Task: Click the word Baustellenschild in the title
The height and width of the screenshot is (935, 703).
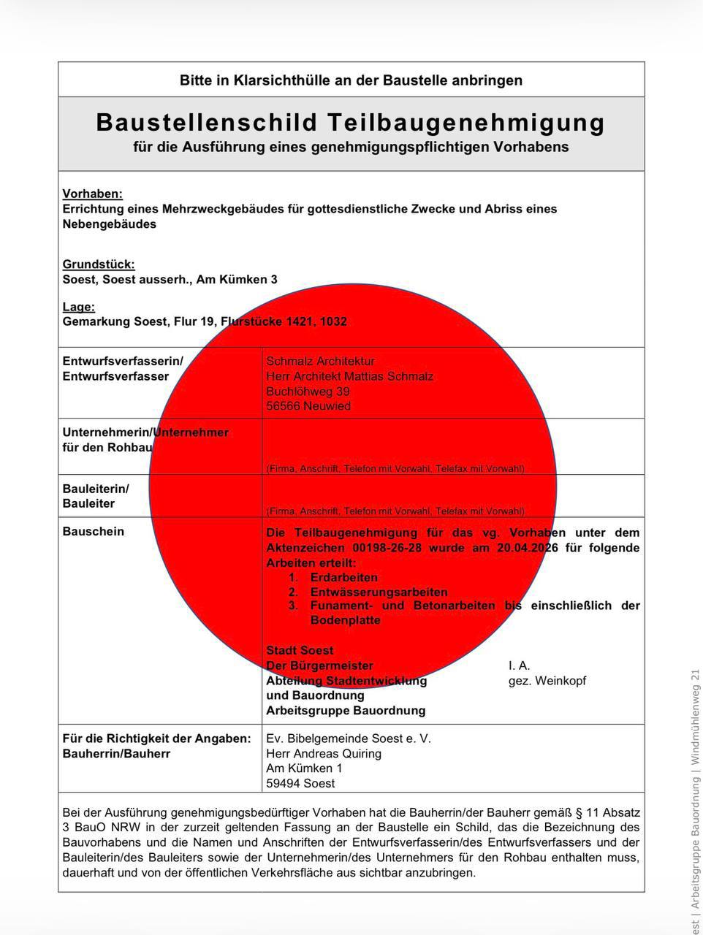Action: (x=207, y=122)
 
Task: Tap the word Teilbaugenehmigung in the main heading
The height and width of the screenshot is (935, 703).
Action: (x=466, y=122)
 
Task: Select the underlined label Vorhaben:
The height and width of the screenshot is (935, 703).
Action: (x=93, y=194)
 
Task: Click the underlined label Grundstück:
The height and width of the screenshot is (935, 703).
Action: (x=99, y=264)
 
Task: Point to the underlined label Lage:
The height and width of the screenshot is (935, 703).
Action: (x=79, y=307)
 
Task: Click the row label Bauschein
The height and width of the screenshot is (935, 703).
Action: (x=94, y=532)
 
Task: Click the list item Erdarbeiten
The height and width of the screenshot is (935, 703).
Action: (x=344, y=577)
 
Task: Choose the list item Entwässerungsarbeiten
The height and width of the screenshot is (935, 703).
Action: (x=379, y=592)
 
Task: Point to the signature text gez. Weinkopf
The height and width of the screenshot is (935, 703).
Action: (x=547, y=681)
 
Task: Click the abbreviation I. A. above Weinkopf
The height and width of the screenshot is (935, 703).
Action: (x=520, y=665)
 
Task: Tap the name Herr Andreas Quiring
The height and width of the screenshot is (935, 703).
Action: (x=324, y=753)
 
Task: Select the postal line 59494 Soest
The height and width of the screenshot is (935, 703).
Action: (x=301, y=783)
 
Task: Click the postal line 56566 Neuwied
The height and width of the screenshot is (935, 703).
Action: (x=308, y=406)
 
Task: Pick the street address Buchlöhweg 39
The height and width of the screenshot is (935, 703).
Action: (x=308, y=392)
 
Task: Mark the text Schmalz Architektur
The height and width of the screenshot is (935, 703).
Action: (x=321, y=361)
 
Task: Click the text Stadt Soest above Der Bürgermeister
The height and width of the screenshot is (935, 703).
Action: (x=300, y=650)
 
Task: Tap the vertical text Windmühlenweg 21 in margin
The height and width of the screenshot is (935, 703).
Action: (x=696, y=716)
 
